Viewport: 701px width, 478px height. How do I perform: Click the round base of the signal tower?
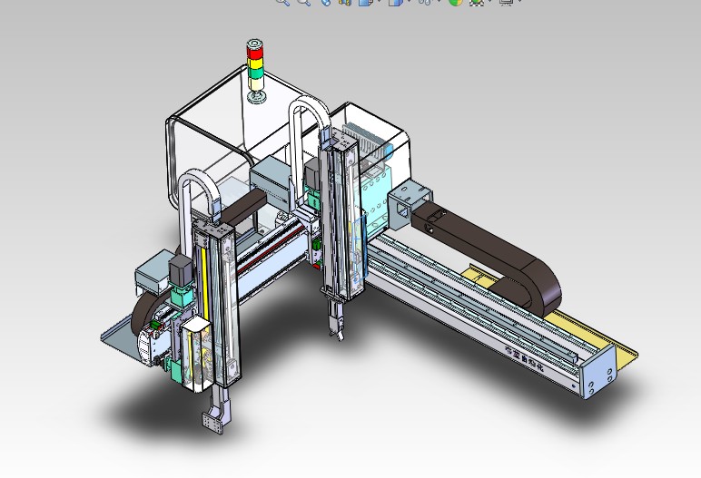256,96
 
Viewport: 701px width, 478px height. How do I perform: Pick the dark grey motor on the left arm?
180,270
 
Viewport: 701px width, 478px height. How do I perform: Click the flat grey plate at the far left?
118,336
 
